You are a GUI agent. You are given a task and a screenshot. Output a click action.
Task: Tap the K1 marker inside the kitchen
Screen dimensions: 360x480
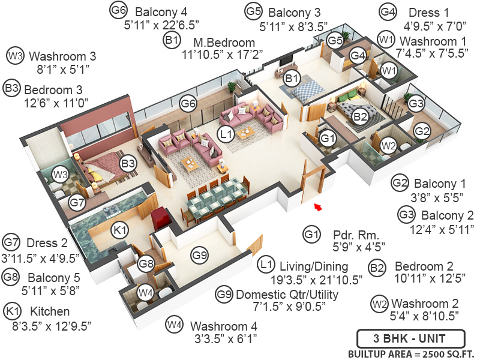120,230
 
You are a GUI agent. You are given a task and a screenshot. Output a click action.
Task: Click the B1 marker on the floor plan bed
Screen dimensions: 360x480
292,77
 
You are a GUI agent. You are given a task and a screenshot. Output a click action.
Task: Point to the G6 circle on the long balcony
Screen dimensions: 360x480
188,103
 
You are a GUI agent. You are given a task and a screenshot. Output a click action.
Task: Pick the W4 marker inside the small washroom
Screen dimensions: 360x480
146,293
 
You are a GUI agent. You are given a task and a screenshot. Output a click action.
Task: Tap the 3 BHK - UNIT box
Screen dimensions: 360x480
410,337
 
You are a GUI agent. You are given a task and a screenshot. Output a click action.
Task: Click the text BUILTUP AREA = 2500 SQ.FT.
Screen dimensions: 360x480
411,353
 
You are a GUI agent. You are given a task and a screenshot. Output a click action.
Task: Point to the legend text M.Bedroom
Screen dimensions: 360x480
224,43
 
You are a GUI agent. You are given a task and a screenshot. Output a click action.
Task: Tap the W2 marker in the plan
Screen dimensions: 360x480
388,145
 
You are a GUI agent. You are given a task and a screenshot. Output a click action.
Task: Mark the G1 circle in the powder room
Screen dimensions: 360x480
328,139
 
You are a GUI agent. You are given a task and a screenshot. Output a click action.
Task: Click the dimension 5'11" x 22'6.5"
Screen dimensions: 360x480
161,26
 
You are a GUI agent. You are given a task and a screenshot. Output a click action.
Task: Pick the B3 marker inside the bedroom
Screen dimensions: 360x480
128,163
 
